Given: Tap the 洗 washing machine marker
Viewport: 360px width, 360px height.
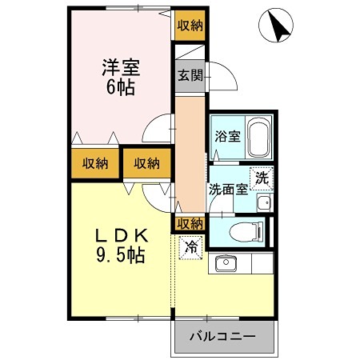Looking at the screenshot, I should [x=262, y=179].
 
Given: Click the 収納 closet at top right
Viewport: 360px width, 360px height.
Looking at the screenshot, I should [x=190, y=26].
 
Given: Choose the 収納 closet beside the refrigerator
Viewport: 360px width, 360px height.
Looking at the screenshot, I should [x=190, y=222].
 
